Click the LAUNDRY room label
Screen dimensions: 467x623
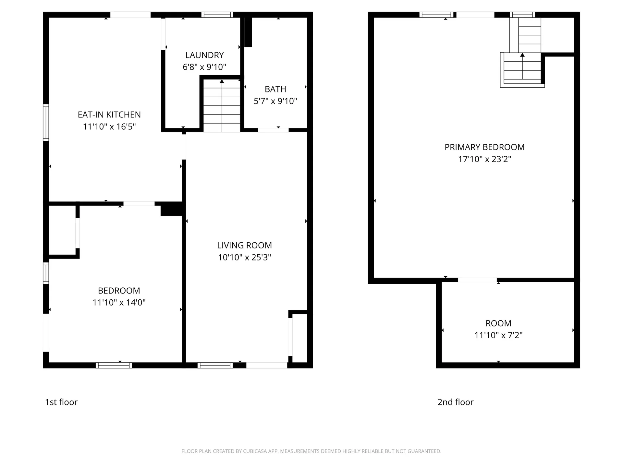(x=204, y=55)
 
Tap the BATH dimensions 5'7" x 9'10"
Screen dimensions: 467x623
(x=275, y=101)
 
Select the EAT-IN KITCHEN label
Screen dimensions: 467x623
(x=109, y=114)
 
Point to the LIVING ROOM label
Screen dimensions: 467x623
(x=244, y=245)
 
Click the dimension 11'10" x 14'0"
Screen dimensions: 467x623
(x=119, y=303)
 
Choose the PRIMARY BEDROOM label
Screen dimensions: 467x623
(x=484, y=147)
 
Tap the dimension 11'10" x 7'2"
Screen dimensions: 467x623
(x=498, y=335)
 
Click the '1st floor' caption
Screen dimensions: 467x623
(x=61, y=402)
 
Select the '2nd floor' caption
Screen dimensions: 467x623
(x=455, y=402)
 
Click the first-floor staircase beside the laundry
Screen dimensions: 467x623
(x=222, y=105)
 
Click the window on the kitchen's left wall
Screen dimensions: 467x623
(x=46, y=123)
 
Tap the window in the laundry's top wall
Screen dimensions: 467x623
(x=217, y=15)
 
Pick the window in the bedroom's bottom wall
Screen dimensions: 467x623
(x=114, y=365)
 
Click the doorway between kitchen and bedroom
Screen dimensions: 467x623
(x=139, y=204)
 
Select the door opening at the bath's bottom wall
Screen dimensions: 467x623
(x=273, y=130)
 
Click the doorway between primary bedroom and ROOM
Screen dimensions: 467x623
(x=477, y=280)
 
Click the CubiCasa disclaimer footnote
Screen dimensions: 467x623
(x=311, y=451)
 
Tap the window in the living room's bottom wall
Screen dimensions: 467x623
(x=215, y=365)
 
